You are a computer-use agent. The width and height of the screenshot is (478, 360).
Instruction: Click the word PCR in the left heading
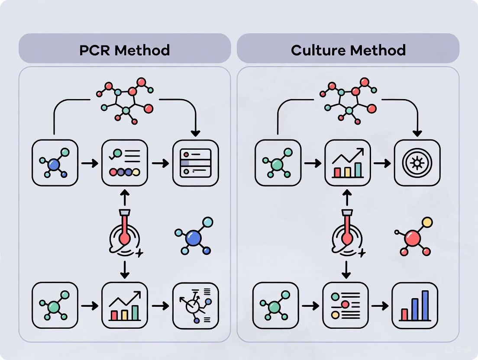96,50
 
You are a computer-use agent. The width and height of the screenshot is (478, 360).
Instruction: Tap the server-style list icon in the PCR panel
196,163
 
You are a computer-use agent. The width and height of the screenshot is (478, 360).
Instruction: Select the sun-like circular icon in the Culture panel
417,163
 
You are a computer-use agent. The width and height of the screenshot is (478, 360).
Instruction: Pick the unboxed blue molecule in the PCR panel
194,237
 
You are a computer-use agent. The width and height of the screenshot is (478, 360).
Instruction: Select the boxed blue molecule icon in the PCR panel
55,163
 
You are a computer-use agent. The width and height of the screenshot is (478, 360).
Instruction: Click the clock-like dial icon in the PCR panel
196,305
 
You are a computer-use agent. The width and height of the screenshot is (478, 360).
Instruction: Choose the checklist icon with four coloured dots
125,163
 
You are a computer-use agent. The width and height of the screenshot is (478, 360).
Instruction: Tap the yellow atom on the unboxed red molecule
427,222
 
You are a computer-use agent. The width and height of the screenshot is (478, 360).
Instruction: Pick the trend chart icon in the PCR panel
125,305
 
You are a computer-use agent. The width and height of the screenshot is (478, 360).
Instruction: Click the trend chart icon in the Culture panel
348,163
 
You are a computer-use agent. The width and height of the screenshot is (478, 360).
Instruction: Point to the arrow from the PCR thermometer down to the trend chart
125,269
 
